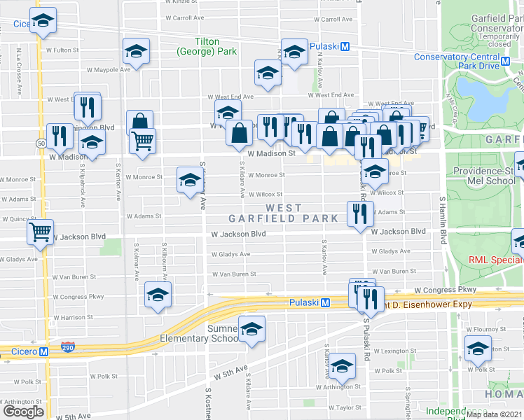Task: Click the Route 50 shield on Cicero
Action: (x=42, y=143)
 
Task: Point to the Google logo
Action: (x=23, y=412)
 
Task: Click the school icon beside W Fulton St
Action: (x=136, y=51)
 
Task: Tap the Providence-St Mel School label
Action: (x=484, y=176)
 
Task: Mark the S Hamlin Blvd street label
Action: (x=443, y=220)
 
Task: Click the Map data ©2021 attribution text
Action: (x=494, y=414)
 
